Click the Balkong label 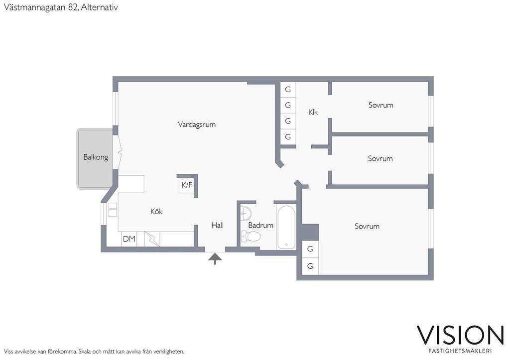click(96, 157)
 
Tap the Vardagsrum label click(196, 124)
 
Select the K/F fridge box click(187, 185)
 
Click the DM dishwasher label click(129, 239)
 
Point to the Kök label click(156, 212)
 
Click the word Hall click(217, 225)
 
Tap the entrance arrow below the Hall click(215, 259)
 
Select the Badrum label click(260, 225)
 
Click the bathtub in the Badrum click(286, 228)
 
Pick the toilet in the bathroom click(251, 237)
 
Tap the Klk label click(313, 112)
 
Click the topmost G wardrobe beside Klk click(288, 90)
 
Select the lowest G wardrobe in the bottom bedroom click(310, 266)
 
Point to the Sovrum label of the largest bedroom click(367, 227)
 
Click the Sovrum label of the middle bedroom click(380, 159)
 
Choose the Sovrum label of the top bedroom click(381, 105)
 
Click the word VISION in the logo click(460, 335)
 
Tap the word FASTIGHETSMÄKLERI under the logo click(460, 351)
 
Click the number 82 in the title click(73, 7)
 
